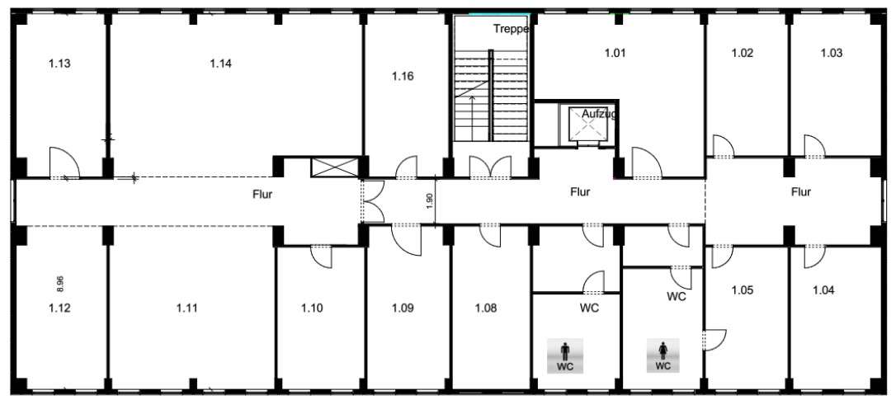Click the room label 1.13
coord(59,64)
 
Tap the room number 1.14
coord(220,64)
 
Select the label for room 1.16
coord(403,76)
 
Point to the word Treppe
coord(512,30)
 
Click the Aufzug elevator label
coord(598,115)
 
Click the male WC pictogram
coord(565,356)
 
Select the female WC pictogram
coord(663,356)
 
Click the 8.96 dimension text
coord(60,284)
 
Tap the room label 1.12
coord(59,308)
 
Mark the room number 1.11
coord(186,308)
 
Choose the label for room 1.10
coord(312,308)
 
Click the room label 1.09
coord(403,308)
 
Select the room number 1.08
coord(486,308)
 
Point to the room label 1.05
coord(743,290)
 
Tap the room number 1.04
coord(823,290)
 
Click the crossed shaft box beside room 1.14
coord(334,168)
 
